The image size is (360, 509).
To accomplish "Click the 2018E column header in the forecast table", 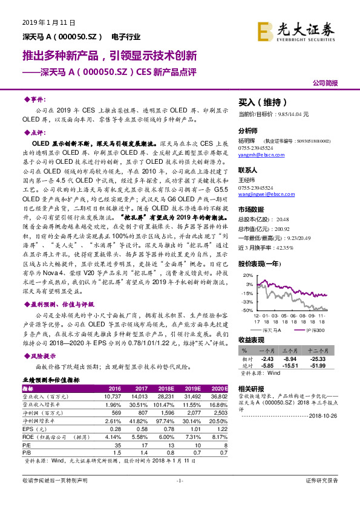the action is pos(165,389).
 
